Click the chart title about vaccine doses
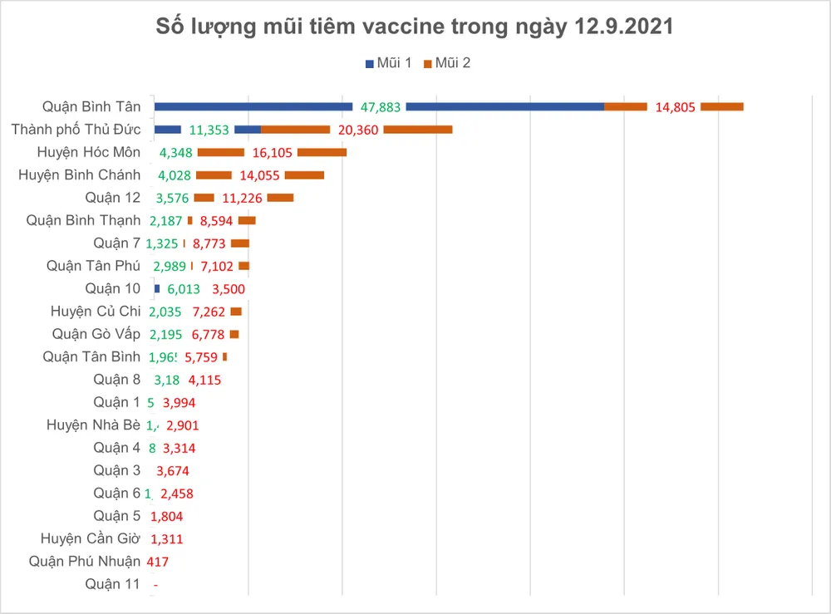click(x=415, y=27)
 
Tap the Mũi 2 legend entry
click(x=447, y=63)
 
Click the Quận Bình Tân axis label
click(x=91, y=106)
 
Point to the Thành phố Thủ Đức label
click(x=76, y=130)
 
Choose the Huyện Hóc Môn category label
click(x=89, y=152)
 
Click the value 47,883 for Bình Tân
click(x=380, y=107)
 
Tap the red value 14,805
click(x=674, y=107)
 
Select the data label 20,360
click(x=356, y=130)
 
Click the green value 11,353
click(x=208, y=130)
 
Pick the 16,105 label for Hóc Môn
click(x=271, y=153)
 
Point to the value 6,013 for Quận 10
click(x=184, y=289)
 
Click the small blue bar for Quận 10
click(x=156, y=288)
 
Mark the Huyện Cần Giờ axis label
click(x=91, y=538)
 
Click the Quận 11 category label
click(x=112, y=584)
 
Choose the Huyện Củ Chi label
click(x=96, y=312)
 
